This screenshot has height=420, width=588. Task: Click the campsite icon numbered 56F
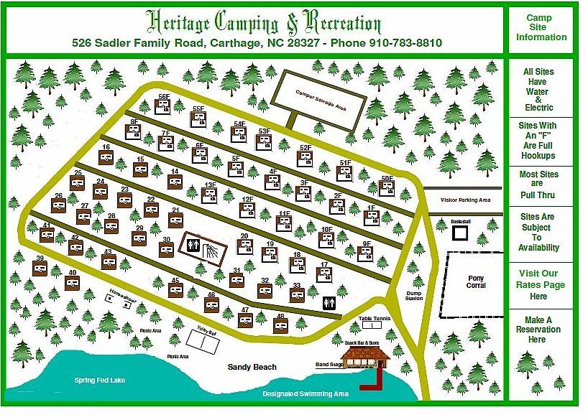pyautogui.click(x=164, y=108)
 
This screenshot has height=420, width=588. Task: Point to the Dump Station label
pyautogui.click(x=413, y=296)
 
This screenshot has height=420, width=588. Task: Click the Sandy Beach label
pyautogui.click(x=252, y=367)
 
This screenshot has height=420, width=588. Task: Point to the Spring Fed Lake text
pyautogui.click(x=94, y=379)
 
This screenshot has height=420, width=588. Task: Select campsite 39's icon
pyautogui.click(x=41, y=267)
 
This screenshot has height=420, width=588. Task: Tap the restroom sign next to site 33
pyautogui.click(x=329, y=304)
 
